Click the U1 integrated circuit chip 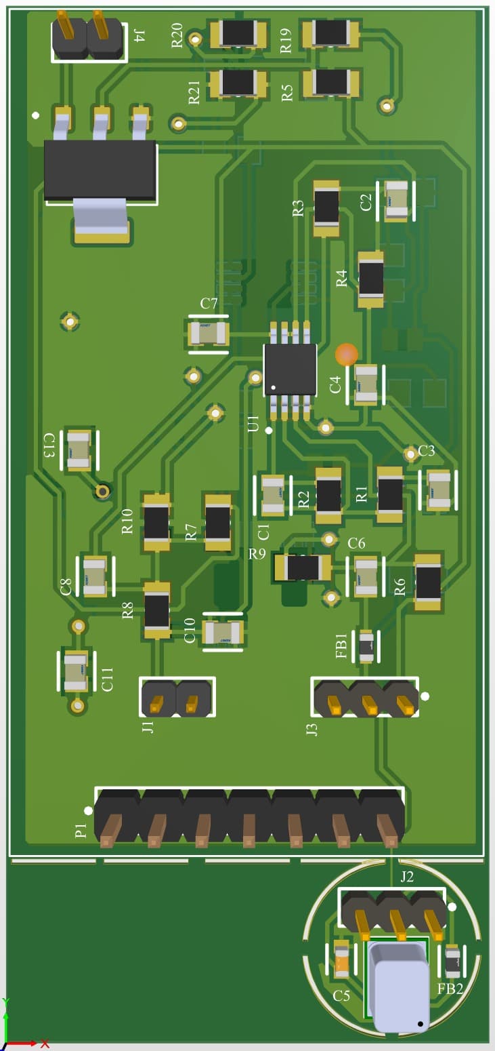click(x=290, y=370)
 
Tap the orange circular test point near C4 click(x=347, y=354)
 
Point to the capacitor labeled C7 click(x=209, y=334)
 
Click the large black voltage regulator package click(x=100, y=170)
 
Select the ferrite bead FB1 click(x=366, y=646)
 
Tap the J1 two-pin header click(x=176, y=698)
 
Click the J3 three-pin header click(x=366, y=698)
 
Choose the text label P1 click(x=81, y=830)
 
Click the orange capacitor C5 click(x=342, y=959)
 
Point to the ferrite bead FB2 click(x=452, y=961)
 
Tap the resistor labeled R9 click(x=302, y=568)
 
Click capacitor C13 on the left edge click(x=79, y=450)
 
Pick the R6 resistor click(x=428, y=582)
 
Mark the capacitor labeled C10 click(x=223, y=633)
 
